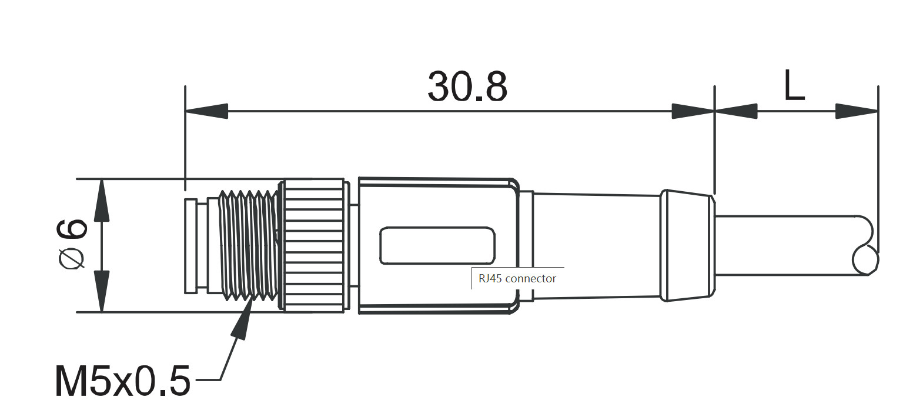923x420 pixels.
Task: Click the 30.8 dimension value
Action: pyautogui.click(x=467, y=87)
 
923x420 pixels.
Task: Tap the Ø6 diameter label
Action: pyautogui.click(x=73, y=244)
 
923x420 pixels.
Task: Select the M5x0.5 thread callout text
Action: pyautogui.click(x=122, y=381)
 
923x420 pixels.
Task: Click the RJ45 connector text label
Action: pyautogui.click(x=517, y=278)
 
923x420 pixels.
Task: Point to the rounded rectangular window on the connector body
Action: pyautogui.click(x=437, y=245)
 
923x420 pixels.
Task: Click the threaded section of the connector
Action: pyautogui.click(x=248, y=244)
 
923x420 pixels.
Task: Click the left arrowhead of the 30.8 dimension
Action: pyautogui.click(x=206, y=111)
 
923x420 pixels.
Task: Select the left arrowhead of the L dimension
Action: pyautogui.click(x=736, y=111)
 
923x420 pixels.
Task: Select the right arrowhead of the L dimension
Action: pyautogui.click(x=857, y=111)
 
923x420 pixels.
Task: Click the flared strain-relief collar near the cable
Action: pyautogui.click(x=687, y=245)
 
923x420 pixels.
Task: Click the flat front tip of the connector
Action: pyautogui.click(x=190, y=246)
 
